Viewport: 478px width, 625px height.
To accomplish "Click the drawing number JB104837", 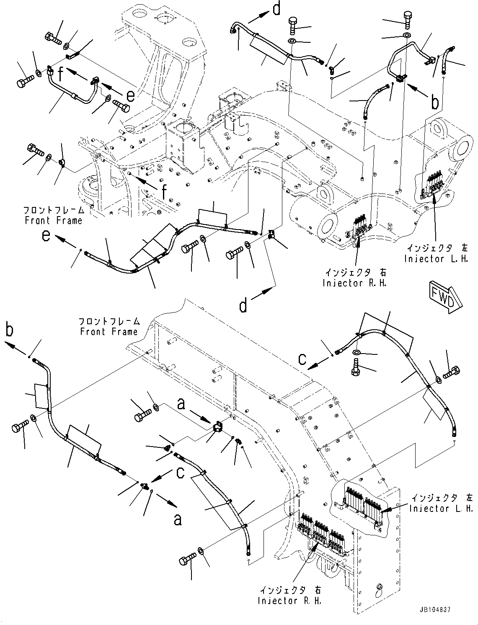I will point(434,610).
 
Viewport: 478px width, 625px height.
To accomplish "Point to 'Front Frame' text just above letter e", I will point(53,220).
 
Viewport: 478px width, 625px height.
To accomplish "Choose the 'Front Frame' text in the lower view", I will point(109,332).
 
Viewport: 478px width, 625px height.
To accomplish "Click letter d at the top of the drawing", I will point(276,9).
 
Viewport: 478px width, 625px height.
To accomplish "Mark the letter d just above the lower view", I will point(243,306).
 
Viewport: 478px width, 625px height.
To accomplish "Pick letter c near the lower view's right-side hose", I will point(302,359).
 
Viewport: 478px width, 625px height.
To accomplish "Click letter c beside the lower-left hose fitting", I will point(181,473).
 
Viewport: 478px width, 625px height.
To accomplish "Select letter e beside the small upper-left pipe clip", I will point(131,96).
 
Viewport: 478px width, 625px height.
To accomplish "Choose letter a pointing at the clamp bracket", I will point(181,404).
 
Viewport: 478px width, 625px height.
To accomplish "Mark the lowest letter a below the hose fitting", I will point(178,519).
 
